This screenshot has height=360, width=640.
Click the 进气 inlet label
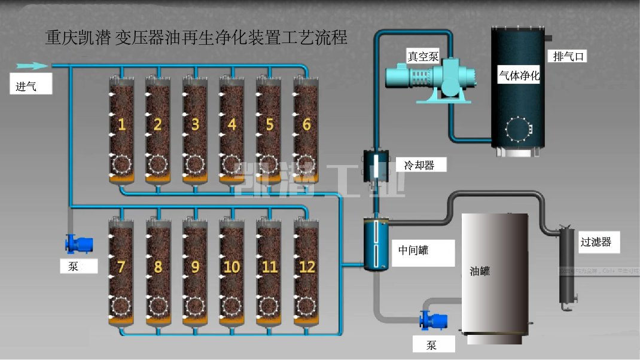point(26,87)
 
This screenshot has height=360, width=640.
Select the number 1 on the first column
point(122,124)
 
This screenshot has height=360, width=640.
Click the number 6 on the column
point(307,124)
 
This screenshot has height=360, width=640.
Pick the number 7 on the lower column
point(121,266)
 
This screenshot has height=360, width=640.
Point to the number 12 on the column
point(306,266)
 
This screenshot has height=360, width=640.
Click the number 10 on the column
point(232,266)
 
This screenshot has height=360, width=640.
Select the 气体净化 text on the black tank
point(519,76)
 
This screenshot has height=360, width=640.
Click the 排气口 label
point(566,57)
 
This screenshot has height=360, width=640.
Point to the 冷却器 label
point(419,165)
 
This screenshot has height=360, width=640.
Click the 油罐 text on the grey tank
point(480,271)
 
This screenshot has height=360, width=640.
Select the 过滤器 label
point(596,242)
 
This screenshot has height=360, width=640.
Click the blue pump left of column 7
point(80,244)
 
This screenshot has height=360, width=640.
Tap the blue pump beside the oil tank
point(434,320)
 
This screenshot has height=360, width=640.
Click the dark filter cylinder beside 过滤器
point(565,266)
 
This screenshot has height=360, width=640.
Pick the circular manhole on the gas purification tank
point(517,127)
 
